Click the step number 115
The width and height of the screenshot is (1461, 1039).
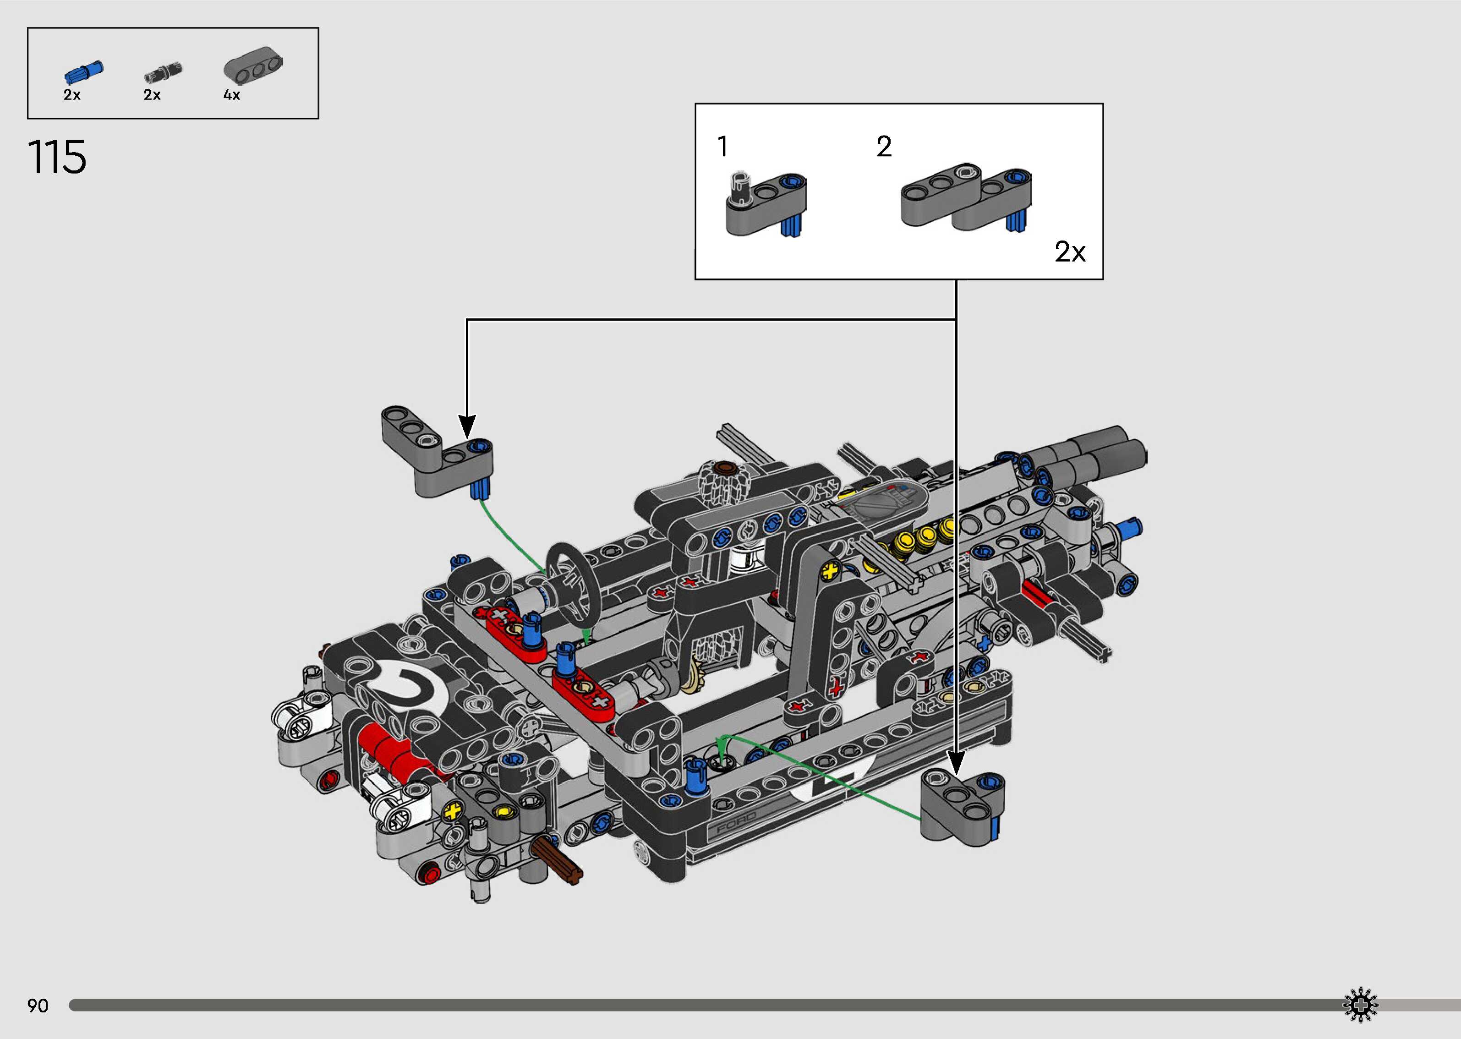click(57, 158)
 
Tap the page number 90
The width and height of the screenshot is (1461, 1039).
click(38, 1006)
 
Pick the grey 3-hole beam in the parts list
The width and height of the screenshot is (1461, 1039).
click(253, 66)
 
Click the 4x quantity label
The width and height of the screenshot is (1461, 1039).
click(231, 95)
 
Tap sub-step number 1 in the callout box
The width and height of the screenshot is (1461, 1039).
click(723, 147)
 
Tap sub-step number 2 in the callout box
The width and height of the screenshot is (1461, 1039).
click(884, 147)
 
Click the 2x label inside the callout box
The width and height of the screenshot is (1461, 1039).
click(1070, 252)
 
